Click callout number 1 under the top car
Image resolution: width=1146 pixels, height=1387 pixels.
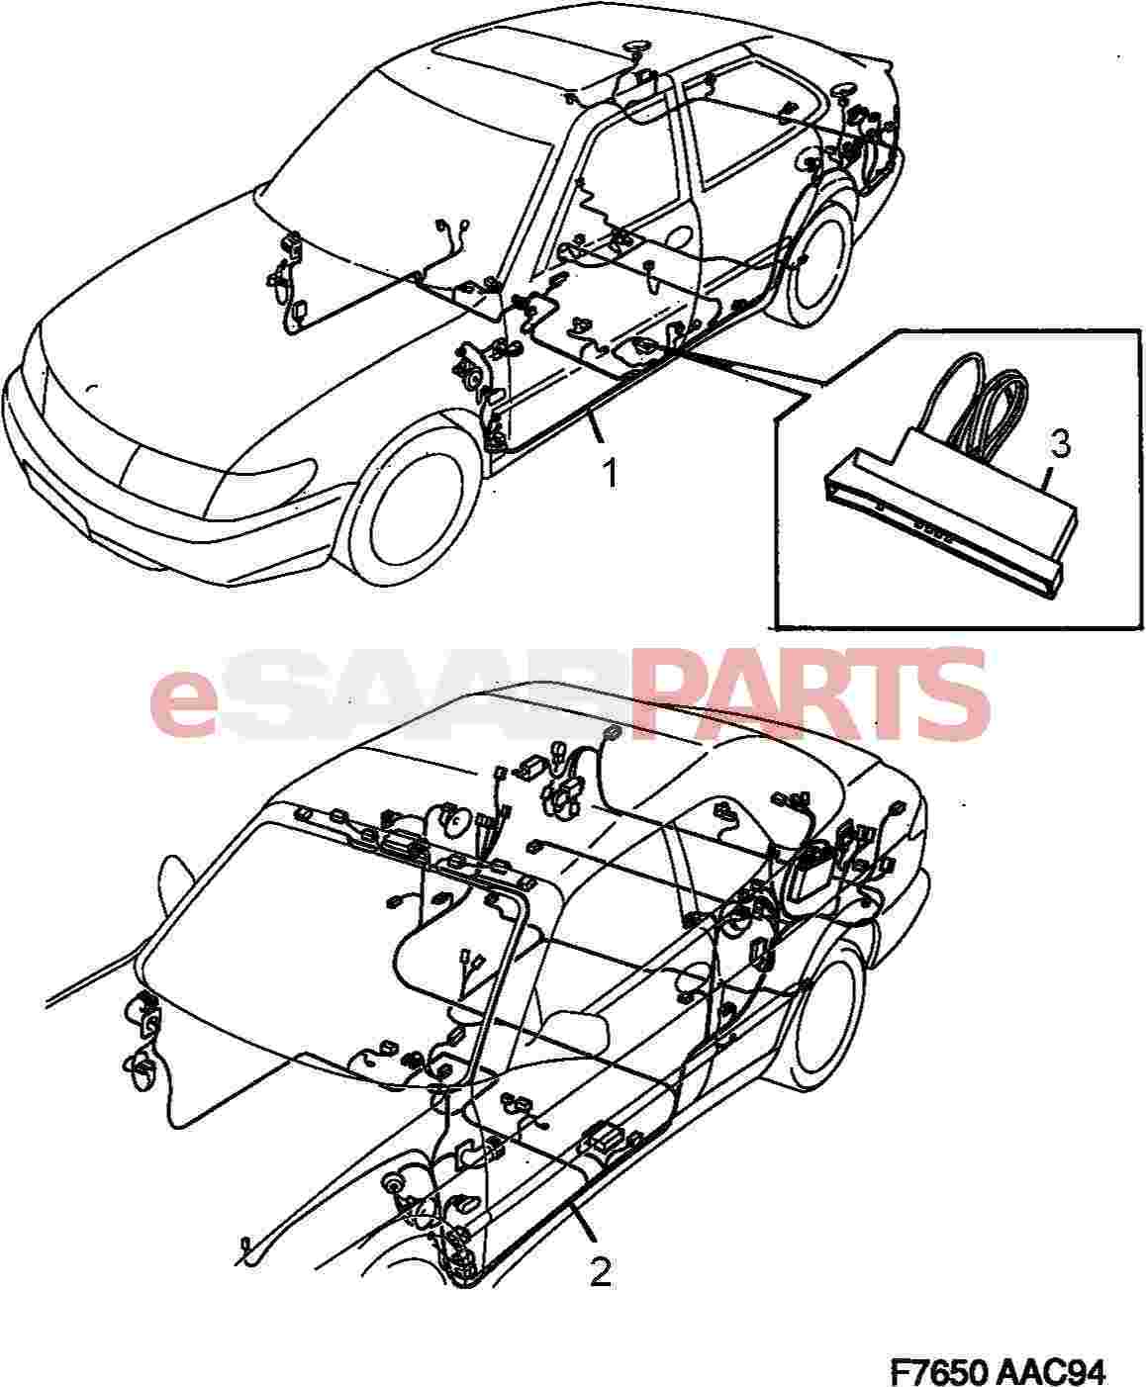click(610, 474)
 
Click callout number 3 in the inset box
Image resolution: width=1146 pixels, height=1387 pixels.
click(1060, 444)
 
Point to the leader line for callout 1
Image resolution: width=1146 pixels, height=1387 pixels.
click(593, 427)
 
